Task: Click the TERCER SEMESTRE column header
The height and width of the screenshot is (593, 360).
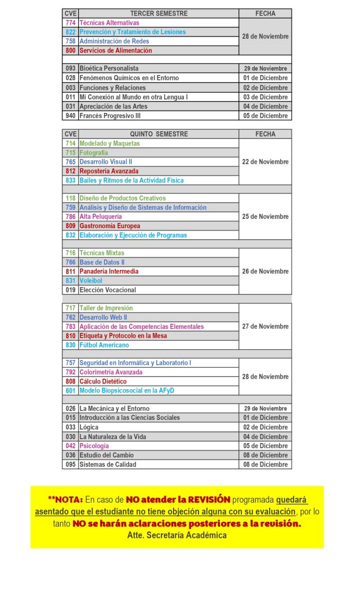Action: tap(159, 13)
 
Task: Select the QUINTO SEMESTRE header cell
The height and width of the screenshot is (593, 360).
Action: tap(159, 134)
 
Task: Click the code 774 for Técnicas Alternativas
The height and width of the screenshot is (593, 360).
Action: tap(71, 23)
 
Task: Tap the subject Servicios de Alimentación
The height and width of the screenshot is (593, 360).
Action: tap(116, 50)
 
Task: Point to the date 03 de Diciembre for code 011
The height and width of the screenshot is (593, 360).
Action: tap(265, 97)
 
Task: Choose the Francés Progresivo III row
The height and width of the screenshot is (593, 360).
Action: tap(110, 115)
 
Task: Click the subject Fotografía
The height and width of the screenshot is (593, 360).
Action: tap(94, 152)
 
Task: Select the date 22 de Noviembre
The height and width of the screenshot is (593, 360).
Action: tap(265, 162)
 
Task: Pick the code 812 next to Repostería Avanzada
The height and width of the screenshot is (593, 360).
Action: tap(71, 171)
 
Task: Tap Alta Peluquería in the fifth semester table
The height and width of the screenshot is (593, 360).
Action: tap(101, 217)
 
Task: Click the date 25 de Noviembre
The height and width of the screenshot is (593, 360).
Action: tap(265, 217)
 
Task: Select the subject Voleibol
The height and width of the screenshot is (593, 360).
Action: tap(91, 280)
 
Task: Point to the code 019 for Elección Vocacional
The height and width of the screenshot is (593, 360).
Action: tap(71, 290)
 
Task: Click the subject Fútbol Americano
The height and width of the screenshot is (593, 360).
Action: tap(104, 345)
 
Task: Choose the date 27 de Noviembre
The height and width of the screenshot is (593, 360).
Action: tap(265, 326)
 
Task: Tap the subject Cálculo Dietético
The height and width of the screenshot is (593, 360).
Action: tap(103, 381)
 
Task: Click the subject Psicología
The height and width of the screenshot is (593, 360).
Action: tap(94, 446)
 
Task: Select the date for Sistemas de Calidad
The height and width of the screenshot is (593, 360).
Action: tap(265, 464)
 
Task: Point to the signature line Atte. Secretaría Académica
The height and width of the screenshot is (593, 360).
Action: tap(177, 535)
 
